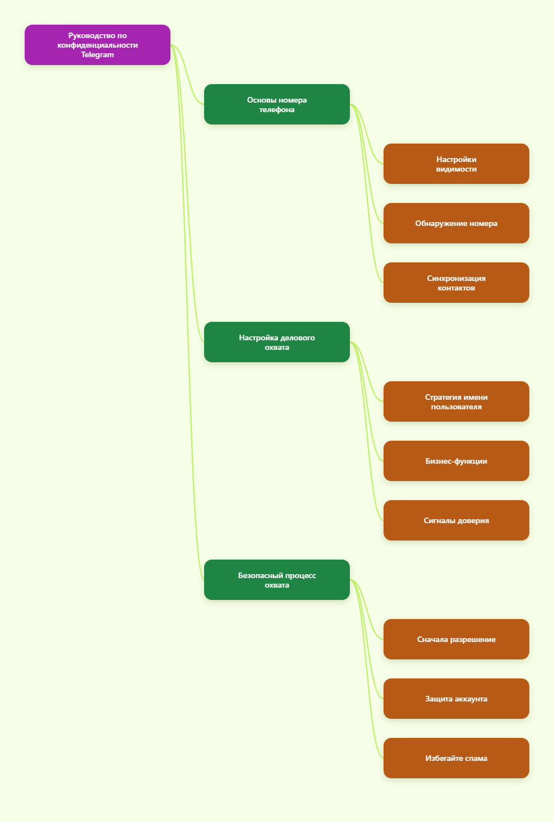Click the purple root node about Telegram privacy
coord(98,45)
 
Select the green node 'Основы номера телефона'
coord(277,104)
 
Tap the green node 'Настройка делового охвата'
coord(277,342)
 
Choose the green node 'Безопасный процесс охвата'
coord(277,580)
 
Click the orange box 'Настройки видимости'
coord(456,164)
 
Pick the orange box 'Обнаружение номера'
coord(456,223)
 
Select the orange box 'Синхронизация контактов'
coord(456,283)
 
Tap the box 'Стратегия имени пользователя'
coord(456,401)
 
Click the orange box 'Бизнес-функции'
coord(456,461)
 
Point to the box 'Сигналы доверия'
coord(456,520)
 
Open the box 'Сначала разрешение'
coord(456,639)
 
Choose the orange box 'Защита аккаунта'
coord(456,699)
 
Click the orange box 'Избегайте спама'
coord(456,758)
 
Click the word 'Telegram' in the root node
coord(98,55)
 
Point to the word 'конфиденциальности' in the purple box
coord(98,45)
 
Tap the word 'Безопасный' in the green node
coord(261,575)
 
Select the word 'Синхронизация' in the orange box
coord(456,278)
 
